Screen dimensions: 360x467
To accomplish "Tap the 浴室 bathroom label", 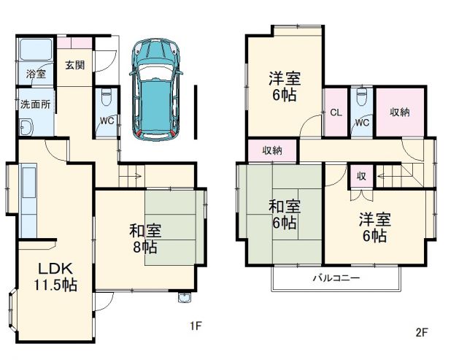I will tap(36, 74).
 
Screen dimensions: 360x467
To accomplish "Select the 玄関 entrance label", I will tap(74, 65).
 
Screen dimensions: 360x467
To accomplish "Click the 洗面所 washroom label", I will tap(36, 104).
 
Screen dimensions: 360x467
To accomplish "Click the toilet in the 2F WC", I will tap(361, 101).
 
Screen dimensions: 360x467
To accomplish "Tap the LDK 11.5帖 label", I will tap(55, 275).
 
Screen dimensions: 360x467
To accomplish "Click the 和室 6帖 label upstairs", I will tap(285, 215).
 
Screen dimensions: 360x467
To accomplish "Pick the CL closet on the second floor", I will tap(336, 112).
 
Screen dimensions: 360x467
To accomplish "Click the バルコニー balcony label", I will tap(336, 278).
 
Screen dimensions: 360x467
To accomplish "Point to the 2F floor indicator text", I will tap(421, 332).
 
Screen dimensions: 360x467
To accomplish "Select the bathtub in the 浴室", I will tap(34, 50).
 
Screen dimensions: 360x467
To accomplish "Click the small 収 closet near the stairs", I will tap(361, 176).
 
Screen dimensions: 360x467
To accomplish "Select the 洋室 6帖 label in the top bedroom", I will tap(285, 86).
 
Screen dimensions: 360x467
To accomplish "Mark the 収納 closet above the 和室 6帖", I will tap(272, 150).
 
